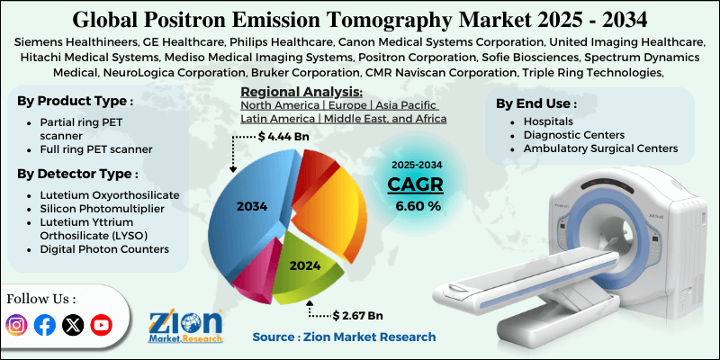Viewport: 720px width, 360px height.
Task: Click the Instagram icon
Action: (16, 325)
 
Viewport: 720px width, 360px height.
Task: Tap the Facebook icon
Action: (44, 325)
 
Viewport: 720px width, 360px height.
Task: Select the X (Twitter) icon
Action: (73, 325)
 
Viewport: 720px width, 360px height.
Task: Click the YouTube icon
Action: (102, 325)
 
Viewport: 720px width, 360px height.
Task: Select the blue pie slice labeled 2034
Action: (252, 206)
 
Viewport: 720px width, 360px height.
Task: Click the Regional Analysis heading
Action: (301, 93)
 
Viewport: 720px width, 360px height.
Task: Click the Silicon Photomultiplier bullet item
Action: (95, 209)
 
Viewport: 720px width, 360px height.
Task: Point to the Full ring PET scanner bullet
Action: (96, 148)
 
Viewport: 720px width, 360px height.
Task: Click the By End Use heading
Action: (537, 103)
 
